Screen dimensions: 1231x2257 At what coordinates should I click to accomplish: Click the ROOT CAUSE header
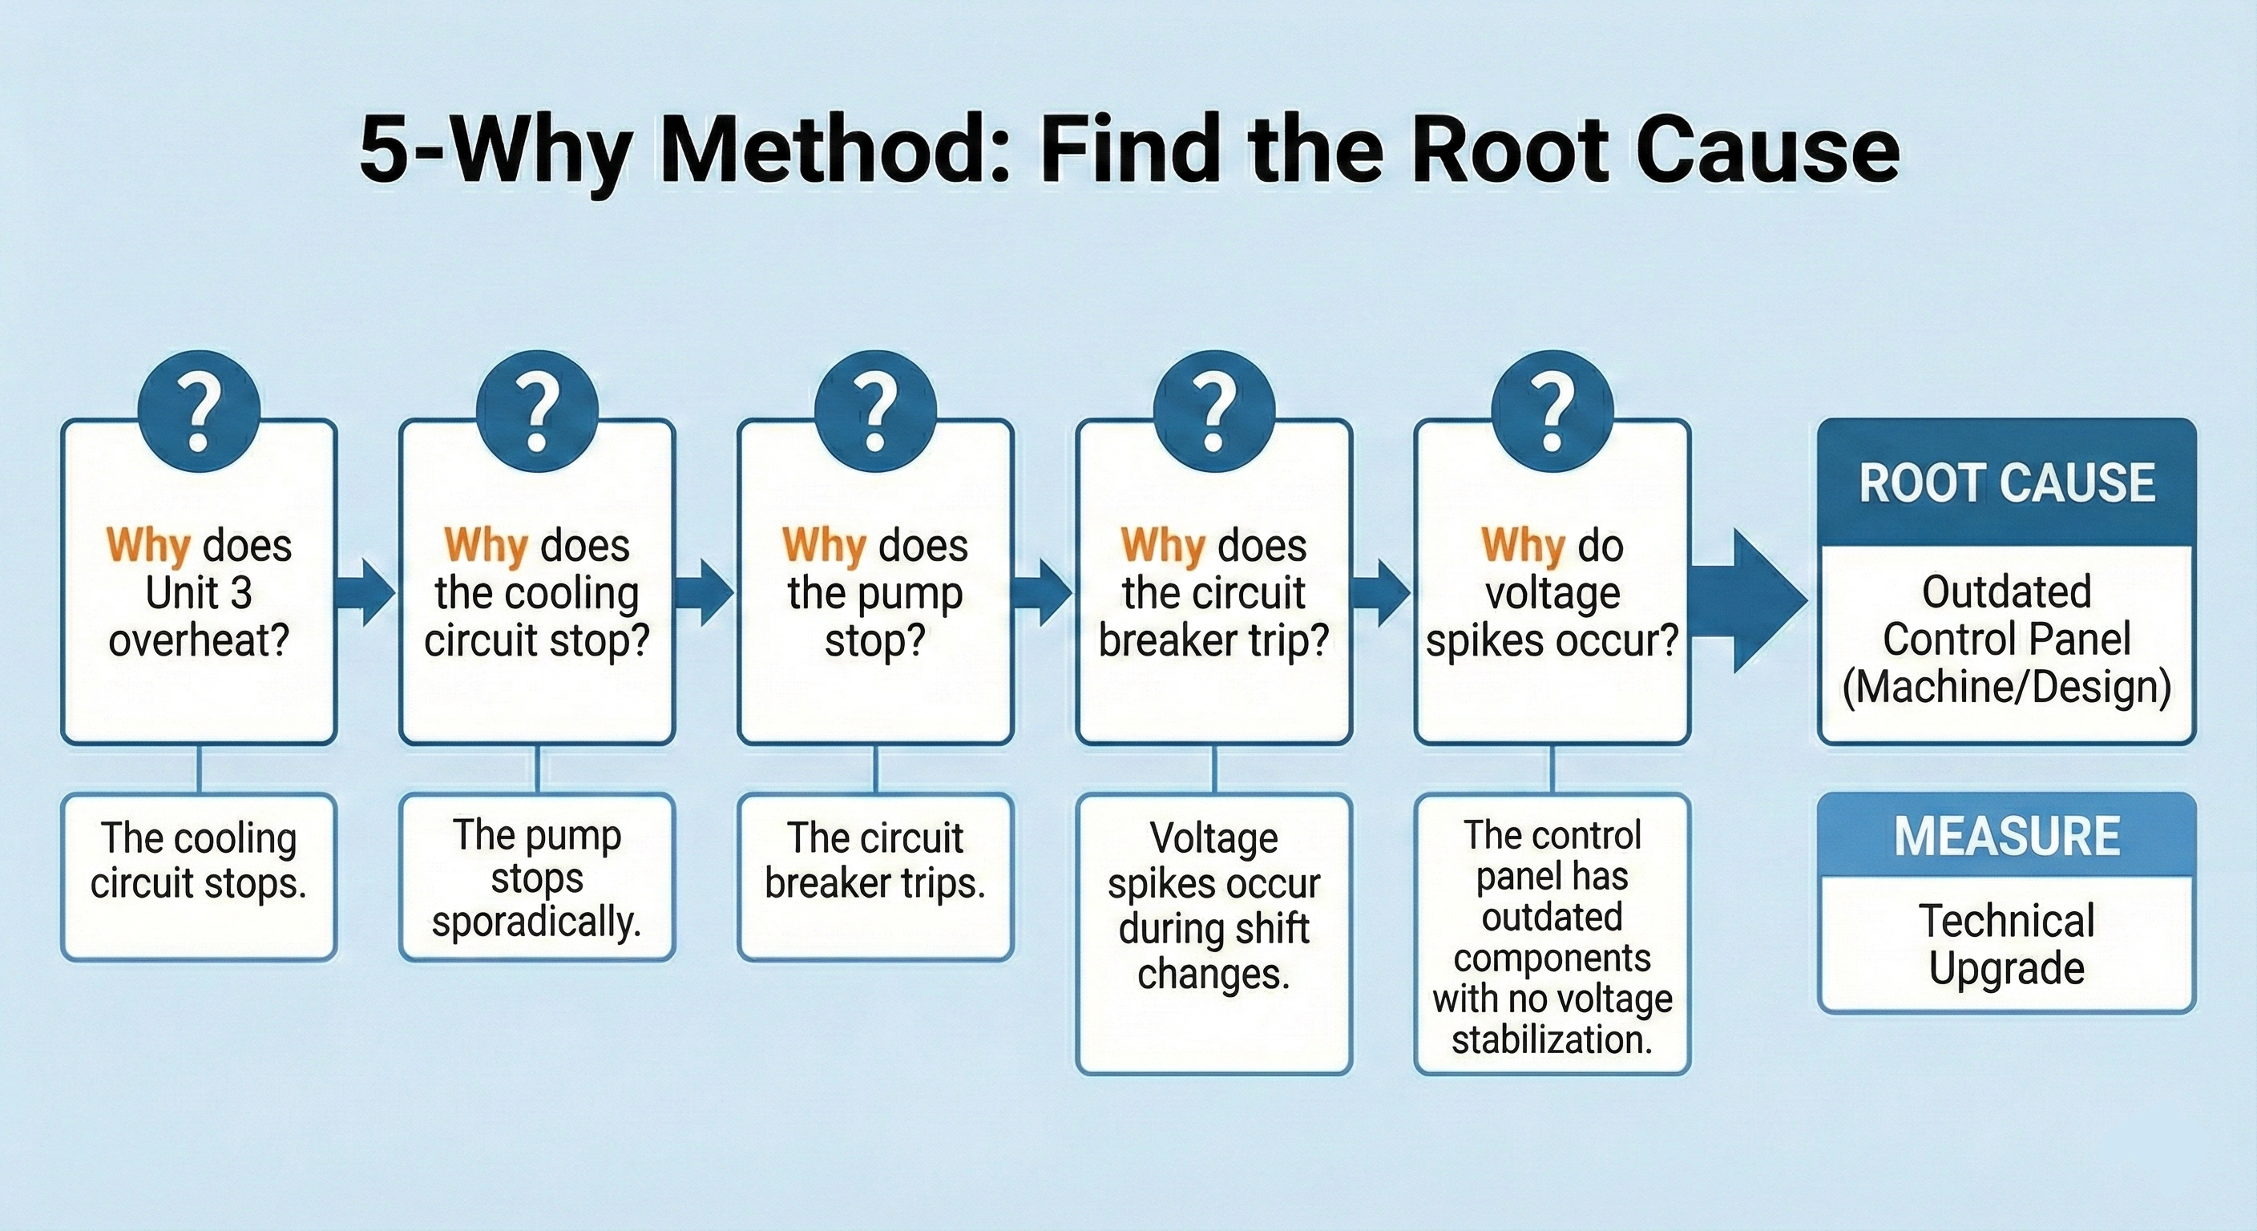[2006, 482]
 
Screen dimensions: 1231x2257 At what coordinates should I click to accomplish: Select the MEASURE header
[2006, 836]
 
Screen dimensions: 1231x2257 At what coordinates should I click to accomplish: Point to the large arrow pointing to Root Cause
[1749, 600]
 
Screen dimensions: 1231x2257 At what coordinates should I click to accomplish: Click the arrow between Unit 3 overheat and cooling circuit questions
[367, 594]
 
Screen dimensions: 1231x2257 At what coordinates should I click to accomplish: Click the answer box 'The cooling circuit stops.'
[199, 861]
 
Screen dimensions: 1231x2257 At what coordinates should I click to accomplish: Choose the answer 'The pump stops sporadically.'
[537, 878]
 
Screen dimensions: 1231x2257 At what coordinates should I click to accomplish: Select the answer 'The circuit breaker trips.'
[875, 861]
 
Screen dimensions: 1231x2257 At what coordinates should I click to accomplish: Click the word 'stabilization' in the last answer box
[1552, 1040]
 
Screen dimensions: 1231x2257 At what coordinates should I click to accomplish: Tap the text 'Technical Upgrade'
[2006, 945]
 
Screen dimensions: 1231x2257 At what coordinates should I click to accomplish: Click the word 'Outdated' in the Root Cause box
[2006, 592]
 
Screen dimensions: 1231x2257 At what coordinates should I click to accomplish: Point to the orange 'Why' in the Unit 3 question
[148, 547]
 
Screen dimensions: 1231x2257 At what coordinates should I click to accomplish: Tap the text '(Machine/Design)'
[2006, 687]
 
